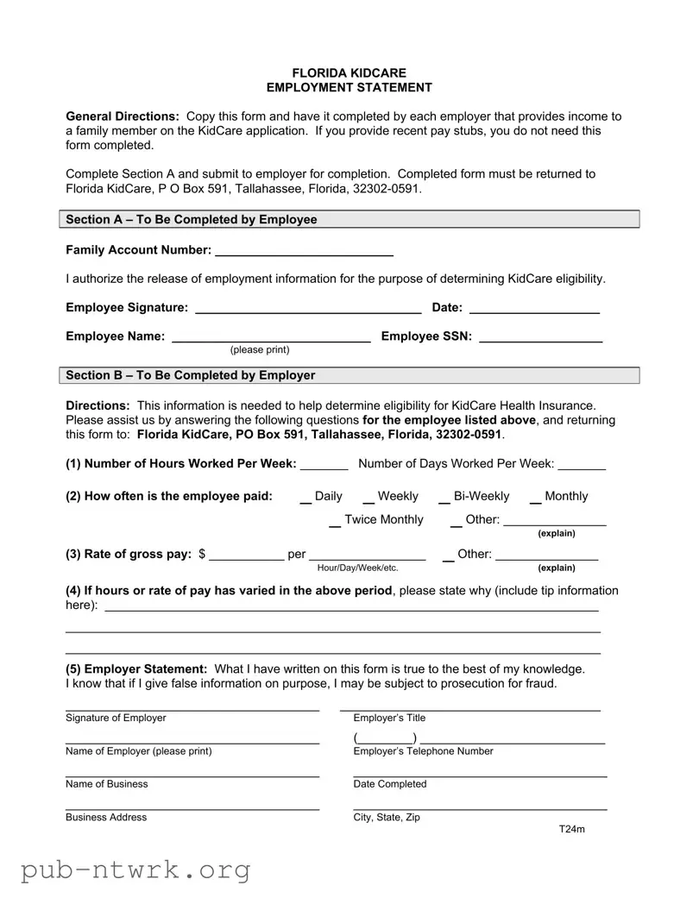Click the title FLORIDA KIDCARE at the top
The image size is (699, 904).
tap(349, 73)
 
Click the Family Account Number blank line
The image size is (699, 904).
tap(304, 252)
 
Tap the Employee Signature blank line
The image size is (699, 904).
tap(308, 309)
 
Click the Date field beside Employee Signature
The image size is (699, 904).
tap(534, 309)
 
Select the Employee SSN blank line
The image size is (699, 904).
tap(540, 337)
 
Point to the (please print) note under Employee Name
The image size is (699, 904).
tap(260, 350)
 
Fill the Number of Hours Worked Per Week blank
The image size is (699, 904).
tap(324, 465)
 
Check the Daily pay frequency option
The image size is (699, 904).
tap(305, 498)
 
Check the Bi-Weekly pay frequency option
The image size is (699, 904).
tap(444, 498)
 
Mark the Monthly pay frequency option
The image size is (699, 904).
tap(535, 498)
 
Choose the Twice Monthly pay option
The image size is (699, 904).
tap(335, 521)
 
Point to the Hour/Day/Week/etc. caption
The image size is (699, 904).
tap(357, 568)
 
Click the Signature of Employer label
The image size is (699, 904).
tap(116, 719)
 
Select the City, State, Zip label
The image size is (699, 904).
tap(387, 818)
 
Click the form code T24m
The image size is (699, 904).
tap(571, 830)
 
